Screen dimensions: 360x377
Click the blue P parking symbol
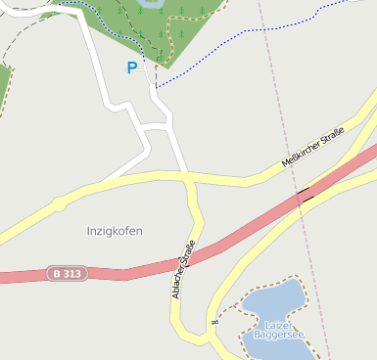tap(132, 68)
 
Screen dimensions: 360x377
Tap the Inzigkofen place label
tap(115, 232)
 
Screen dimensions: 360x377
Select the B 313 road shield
tap(66, 275)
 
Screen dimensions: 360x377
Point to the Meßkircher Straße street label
tap(313, 147)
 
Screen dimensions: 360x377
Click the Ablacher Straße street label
tap(183, 269)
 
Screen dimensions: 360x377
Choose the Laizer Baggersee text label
tap(279, 329)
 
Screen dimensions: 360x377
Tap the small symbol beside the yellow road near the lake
tap(212, 322)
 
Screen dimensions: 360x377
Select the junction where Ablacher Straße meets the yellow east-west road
tap(187, 177)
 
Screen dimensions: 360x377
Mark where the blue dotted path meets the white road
tap(156, 87)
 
